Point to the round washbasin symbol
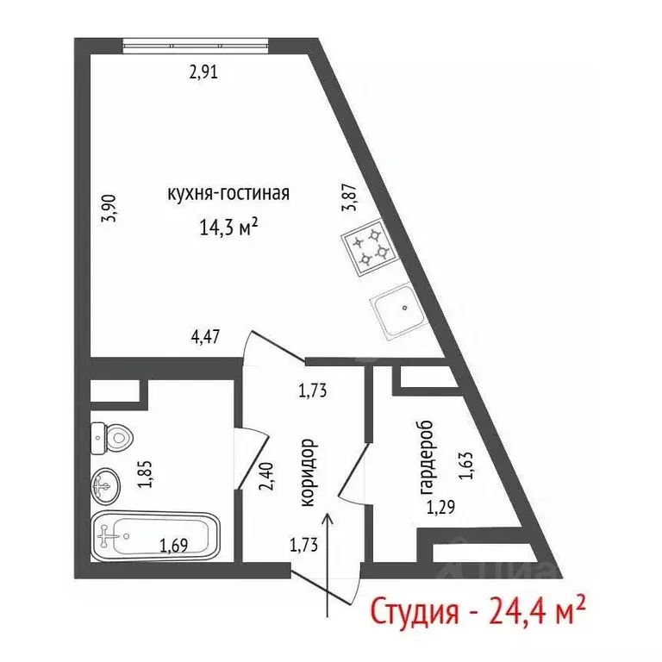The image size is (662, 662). (x=108, y=485)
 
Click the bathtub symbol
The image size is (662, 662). (x=155, y=539)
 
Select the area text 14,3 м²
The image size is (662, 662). (x=228, y=228)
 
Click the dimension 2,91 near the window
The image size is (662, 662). (x=203, y=72)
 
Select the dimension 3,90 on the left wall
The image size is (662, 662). (x=109, y=209)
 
